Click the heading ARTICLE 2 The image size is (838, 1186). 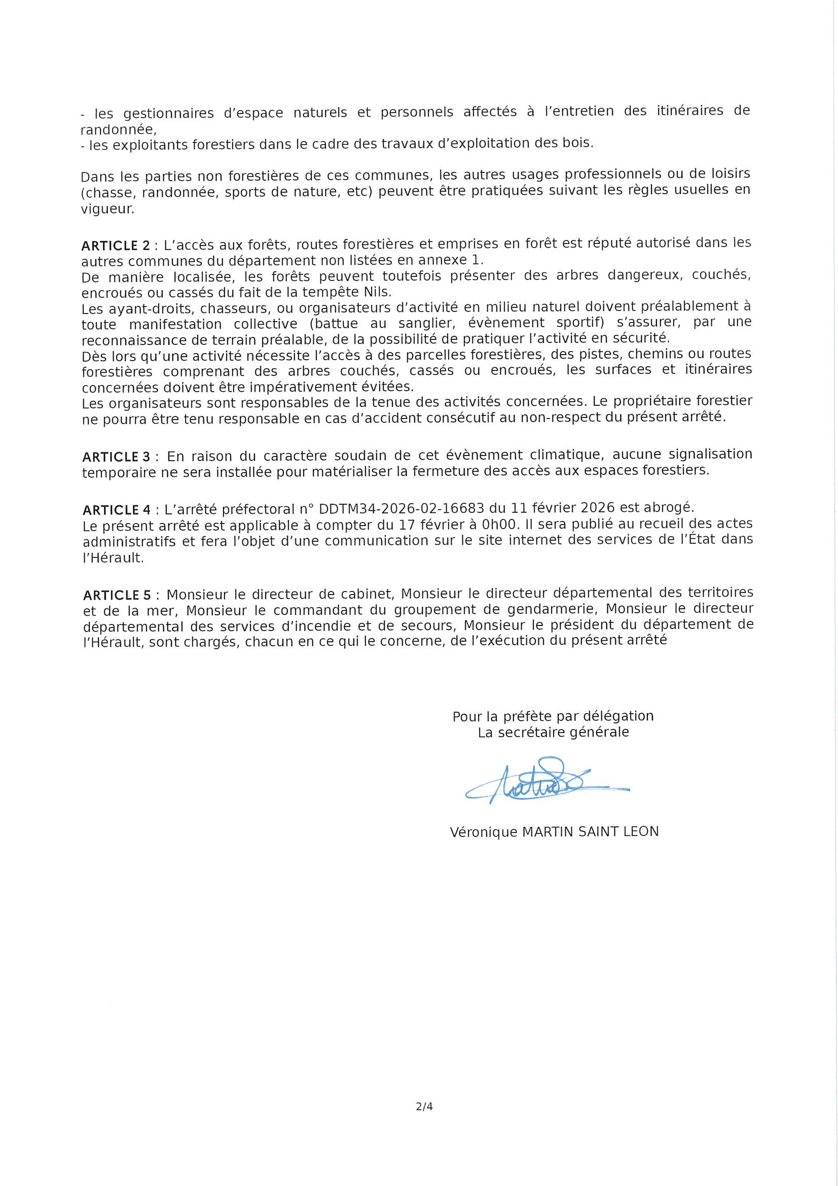[116, 246]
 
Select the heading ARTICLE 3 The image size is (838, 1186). [116, 457]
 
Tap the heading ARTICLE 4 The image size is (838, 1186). [117, 510]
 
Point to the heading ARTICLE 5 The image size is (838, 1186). [117, 595]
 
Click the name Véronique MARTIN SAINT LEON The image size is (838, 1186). [554, 831]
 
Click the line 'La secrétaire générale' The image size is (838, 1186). [553, 732]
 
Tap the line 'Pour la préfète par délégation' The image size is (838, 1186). [553, 716]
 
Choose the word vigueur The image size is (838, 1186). [107, 209]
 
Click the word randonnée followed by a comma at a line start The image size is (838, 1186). [118, 129]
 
